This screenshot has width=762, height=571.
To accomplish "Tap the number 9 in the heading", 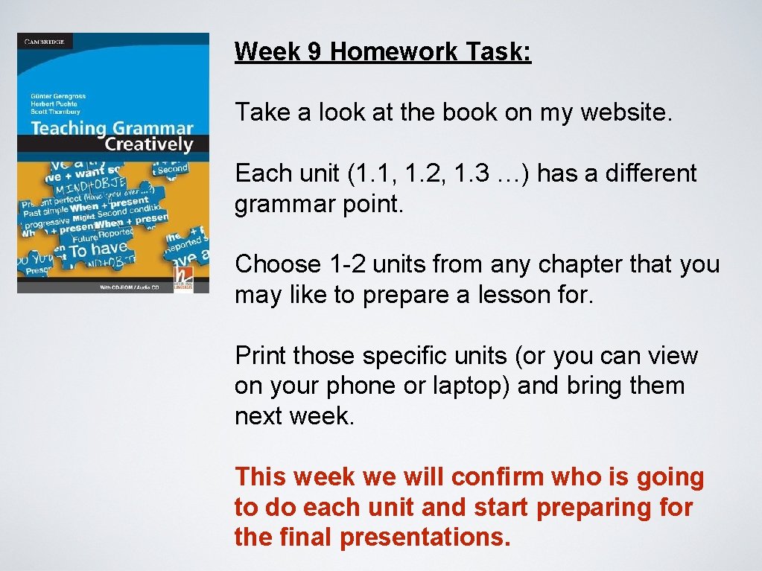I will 313,51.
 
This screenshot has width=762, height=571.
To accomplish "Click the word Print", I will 261,356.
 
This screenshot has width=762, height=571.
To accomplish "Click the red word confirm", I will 501,477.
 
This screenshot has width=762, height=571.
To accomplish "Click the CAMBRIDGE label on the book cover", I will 44,42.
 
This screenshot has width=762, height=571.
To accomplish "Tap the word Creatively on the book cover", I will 148,144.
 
